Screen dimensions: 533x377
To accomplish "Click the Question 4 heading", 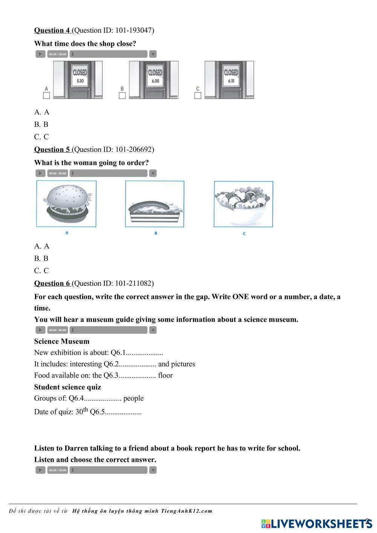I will point(52,31).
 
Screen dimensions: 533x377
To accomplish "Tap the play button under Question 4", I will point(40,54).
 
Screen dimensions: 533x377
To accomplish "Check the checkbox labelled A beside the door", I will point(46,96).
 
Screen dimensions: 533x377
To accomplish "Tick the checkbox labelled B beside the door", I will point(122,96).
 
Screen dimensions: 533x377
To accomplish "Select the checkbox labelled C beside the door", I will point(198,96).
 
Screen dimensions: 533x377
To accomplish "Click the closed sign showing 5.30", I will point(80,75).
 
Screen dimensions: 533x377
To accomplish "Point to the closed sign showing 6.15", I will point(231,75).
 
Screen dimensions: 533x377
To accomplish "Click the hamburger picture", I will point(66,204).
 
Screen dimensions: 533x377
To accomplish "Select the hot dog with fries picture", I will point(155,204).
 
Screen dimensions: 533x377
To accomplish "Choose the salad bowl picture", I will point(244,204).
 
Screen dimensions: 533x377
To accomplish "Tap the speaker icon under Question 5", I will point(153,173).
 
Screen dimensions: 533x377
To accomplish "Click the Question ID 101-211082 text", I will point(113,284).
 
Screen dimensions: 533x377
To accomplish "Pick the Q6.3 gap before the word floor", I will point(137,376).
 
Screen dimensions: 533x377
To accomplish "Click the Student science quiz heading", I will point(67,387).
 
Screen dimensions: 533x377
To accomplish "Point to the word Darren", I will point(77,449).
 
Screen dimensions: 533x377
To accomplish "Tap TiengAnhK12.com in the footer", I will point(187,511).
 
